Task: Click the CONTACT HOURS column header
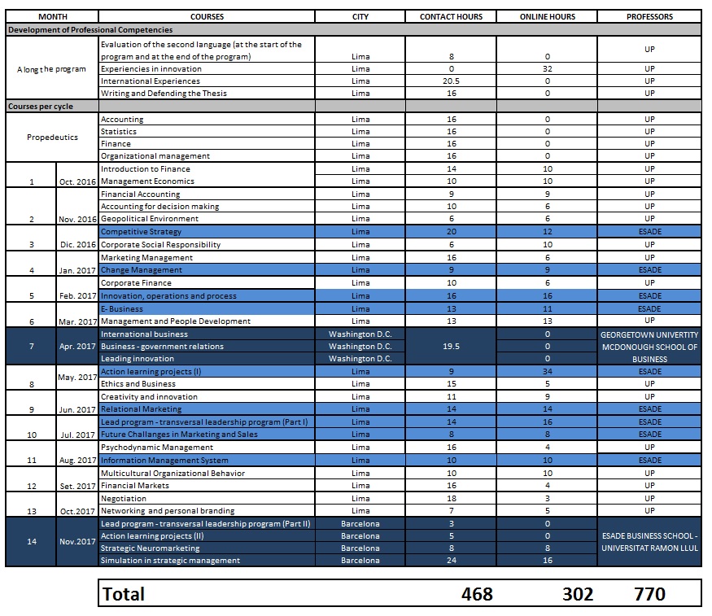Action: (451, 17)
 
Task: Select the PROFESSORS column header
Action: (649, 17)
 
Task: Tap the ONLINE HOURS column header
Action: (547, 17)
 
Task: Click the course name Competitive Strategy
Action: (142, 232)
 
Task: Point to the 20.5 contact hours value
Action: (451, 81)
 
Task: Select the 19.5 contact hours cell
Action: (451, 347)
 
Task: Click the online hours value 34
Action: (548, 371)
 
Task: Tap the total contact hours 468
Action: (477, 594)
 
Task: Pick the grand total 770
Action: (649, 594)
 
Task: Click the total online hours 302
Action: (578, 594)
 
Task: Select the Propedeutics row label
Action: (52, 137)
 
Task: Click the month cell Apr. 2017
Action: (77, 347)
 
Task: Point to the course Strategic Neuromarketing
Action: (151, 548)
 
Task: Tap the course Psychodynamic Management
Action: (157, 448)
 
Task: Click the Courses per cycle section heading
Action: (41, 107)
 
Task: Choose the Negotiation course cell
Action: (124, 499)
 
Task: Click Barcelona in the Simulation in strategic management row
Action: (360, 560)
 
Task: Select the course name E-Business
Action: (122, 308)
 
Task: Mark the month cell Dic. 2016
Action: (77, 245)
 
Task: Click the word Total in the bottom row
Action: (124, 594)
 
